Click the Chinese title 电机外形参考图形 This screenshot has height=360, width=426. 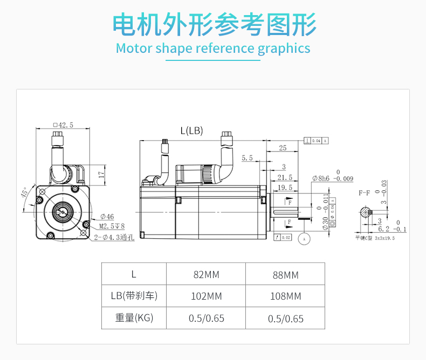coord(213,24)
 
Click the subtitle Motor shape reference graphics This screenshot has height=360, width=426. coord(213,49)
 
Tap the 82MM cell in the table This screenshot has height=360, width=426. coord(206,275)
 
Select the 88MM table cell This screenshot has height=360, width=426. coord(285,275)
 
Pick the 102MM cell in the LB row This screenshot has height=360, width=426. coord(206,296)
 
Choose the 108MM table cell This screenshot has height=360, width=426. coord(285,296)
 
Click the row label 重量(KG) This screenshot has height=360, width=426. coord(134,318)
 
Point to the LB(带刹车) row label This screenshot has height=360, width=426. coord(134,296)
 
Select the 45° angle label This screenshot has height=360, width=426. coord(25,193)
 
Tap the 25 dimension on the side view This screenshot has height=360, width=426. coord(283,148)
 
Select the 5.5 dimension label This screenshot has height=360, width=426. coord(247,158)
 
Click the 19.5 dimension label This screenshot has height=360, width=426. coord(285,188)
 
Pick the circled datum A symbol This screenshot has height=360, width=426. coord(305,238)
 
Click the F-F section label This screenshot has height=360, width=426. coord(365,192)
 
